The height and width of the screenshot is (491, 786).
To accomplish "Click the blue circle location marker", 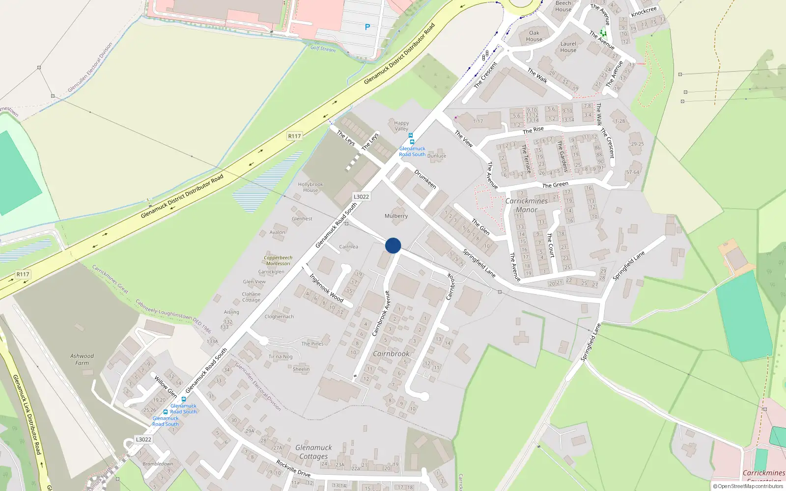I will coord(393,245).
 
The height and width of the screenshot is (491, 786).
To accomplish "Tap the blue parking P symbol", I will coord(367,27).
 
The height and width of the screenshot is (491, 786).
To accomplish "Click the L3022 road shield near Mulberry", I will coord(361,197).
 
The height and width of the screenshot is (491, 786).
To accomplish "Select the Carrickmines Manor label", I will coord(527,205).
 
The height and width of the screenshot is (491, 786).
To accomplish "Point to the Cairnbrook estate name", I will coord(391,354).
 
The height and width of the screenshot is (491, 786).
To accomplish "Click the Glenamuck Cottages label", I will coord(314,452).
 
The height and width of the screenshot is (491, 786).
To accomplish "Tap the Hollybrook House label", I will coord(310,187).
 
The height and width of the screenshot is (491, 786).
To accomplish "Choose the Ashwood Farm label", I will coord(82,359).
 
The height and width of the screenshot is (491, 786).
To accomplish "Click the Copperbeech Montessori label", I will coord(278,260).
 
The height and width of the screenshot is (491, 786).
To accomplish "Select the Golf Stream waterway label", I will coord(323,49).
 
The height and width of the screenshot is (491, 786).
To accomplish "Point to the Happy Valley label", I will coord(401,126).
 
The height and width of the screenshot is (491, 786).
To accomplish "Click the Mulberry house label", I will coord(396,216).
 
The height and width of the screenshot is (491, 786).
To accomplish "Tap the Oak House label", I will coord(534,36).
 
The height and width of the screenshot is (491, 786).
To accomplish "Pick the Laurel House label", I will coord(568,47).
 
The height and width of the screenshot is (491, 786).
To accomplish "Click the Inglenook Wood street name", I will coord(326,287).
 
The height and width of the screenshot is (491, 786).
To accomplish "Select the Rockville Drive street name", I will coord(293,468).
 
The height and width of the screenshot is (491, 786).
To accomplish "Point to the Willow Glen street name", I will coord(166,386).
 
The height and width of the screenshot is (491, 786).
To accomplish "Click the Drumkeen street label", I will coord(425,179).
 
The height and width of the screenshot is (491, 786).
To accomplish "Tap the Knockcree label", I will coord(644,11).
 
